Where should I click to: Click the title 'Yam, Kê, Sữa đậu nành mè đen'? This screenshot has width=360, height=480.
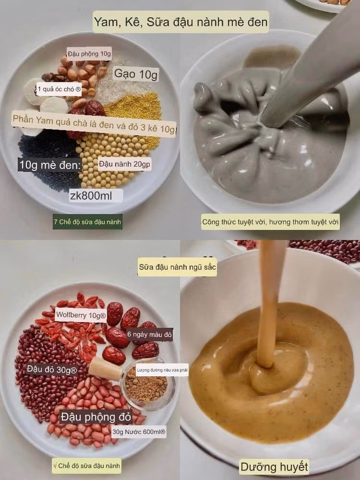click(181, 22)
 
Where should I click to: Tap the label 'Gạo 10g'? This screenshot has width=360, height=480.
click(136, 74)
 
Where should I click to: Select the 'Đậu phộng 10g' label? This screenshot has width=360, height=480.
click(89, 54)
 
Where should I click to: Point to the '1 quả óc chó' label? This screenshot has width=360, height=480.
click(59, 89)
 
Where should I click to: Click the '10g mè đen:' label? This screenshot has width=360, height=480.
click(50, 165)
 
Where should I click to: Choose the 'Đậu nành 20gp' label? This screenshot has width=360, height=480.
click(124, 164)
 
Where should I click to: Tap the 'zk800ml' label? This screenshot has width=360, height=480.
click(96, 196)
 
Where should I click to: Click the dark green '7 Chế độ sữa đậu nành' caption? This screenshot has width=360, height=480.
click(87, 222)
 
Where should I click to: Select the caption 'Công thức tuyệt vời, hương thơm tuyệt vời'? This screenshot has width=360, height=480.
click(270, 222)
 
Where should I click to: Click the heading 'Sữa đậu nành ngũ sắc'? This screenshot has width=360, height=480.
click(177, 267)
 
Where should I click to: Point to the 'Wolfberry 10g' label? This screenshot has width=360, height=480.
click(81, 315)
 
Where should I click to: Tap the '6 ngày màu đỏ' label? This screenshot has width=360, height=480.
click(149, 334)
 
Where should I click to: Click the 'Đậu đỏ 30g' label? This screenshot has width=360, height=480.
click(51, 370)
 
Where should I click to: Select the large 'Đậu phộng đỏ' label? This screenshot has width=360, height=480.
click(96, 417)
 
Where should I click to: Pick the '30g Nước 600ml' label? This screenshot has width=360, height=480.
click(139, 432)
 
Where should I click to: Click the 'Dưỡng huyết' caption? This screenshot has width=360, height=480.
click(274, 467)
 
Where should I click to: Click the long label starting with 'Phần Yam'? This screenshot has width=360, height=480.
click(94, 124)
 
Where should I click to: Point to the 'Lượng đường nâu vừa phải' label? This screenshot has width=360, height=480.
click(162, 370)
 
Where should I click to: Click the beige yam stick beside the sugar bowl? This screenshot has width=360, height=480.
click(105, 369)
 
